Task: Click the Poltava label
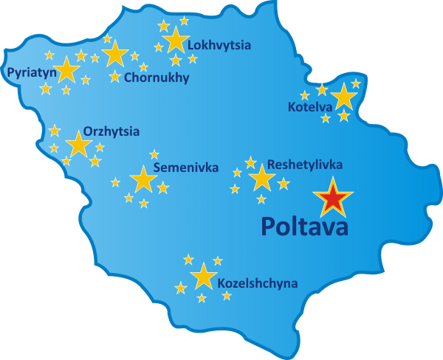pos(305,226)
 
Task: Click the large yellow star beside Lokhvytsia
pos(176,40)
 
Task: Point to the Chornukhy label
pos(157,77)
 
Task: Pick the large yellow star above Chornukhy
pos(115,54)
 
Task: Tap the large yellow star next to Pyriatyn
pos(67,69)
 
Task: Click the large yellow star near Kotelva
pos(343,97)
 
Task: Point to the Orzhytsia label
pos(111,131)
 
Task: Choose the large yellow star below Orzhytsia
pos(78,145)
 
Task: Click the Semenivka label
pos(186,168)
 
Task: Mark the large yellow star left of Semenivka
pos(142,179)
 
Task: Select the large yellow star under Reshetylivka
pos(261,178)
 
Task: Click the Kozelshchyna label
pos(258,283)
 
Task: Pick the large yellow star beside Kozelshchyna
pos(203,276)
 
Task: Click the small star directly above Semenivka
pos(154,154)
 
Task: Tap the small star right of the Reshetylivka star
pos(284,184)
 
